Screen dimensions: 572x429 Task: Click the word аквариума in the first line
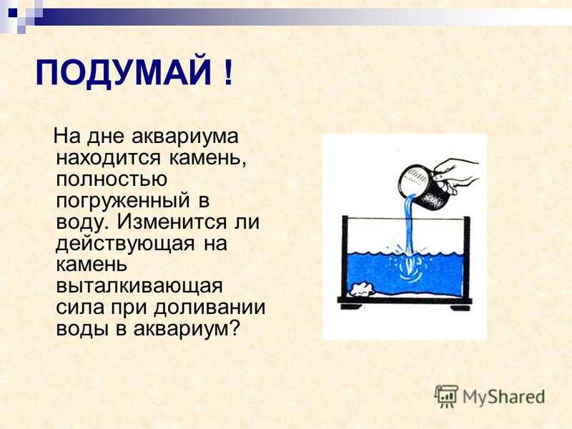click(x=185, y=137)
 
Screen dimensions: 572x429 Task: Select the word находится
click(x=109, y=158)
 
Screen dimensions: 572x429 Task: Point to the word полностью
click(x=112, y=179)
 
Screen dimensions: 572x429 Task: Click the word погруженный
click(x=123, y=202)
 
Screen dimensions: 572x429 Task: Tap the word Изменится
click(x=172, y=222)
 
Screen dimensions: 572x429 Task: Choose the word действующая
click(x=125, y=244)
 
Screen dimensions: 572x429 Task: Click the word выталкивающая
click(x=139, y=287)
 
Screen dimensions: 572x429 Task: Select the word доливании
click(x=209, y=307)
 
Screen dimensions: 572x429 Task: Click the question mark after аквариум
click(x=235, y=329)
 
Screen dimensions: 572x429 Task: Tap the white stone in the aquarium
click(x=363, y=290)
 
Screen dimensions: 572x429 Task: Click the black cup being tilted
click(x=424, y=187)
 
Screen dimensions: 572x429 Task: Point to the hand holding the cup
click(x=456, y=175)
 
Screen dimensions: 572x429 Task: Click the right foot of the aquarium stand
click(x=460, y=307)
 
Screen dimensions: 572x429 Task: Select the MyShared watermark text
click(x=504, y=396)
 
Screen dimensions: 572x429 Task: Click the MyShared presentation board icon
click(x=445, y=396)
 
